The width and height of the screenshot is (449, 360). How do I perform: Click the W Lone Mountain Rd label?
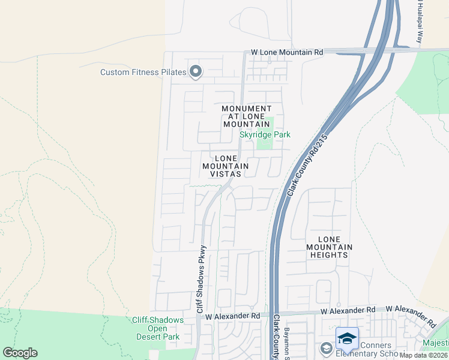pyautogui.click(x=287, y=52)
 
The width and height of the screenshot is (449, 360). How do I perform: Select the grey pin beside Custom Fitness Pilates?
pyautogui.click(x=195, y=71)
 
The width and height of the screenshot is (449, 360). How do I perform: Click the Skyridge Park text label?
pyautogui.click(x=265, y=134)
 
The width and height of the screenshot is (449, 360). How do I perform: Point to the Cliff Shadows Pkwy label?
pyautogui.click(x=202, y=278)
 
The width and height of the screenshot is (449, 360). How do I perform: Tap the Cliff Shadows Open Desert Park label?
pyautogui.click(x=158, y=328)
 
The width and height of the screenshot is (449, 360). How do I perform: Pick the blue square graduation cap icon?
pyautogui.click(x=346, y=338)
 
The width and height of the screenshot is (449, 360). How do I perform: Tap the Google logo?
pyautogui.click(x=20, y=352)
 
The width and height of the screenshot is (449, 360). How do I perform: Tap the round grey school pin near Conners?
pyautogui.click(x=325, y=348)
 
